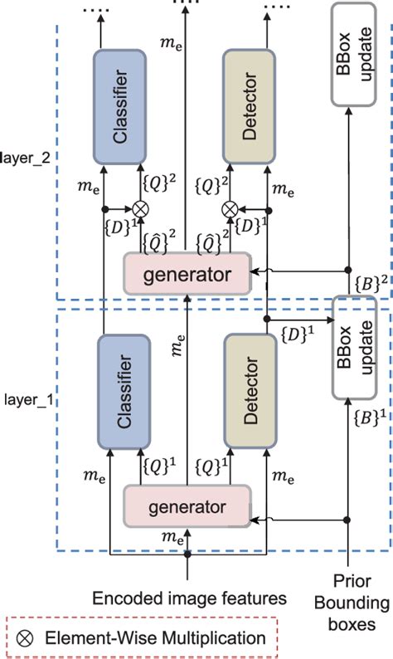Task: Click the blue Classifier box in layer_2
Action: click(x=120, y=106)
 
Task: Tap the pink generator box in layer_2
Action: click(x=187, y=273)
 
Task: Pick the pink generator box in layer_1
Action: click(x=187, y=505)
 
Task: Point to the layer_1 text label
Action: click(x=30, y=398)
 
